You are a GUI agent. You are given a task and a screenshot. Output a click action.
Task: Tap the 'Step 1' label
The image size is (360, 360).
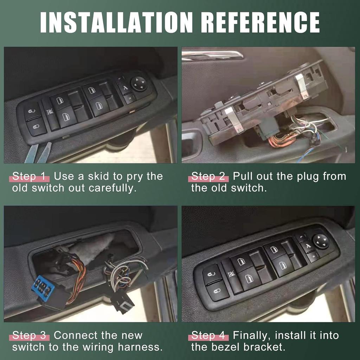(x=29, y=176)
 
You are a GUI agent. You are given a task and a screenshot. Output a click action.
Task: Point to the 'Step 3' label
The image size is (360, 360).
(x=29, y=335)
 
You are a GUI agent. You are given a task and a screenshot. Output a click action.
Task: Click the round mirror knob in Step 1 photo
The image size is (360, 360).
(x=139, y=84)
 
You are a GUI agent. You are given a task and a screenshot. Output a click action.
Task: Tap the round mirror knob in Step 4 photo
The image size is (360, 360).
(x=321, y=242)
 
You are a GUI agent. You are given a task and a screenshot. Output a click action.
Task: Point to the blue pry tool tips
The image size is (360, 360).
(x=38, y=153)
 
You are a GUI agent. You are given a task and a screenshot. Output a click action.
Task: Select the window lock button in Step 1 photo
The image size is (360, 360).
(x=50, y=112)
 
